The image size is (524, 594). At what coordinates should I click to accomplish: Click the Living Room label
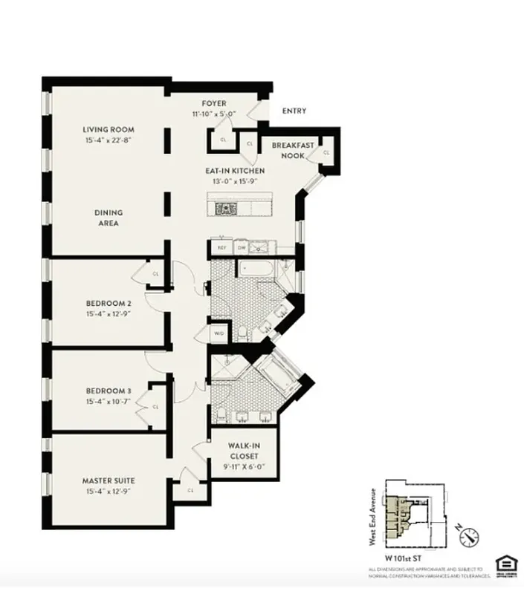[109, 130]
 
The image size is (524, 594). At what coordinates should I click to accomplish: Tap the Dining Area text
[108, 218]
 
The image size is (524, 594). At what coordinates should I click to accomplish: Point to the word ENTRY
[294, 111]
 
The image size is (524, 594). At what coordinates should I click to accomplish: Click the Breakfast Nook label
[292, 151]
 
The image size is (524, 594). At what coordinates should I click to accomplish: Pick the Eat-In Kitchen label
[235, 171]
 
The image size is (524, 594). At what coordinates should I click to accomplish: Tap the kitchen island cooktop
[225, 209]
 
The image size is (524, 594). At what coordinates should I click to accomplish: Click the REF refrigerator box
[221, 248]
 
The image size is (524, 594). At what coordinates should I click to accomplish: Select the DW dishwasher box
[242, 248]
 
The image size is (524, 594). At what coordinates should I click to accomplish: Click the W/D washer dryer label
[219, 333]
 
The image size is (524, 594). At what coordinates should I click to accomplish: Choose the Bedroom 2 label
[109, 303]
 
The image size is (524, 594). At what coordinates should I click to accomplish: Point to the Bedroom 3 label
[109, 391]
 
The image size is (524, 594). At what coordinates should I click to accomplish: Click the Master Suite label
[109, 480]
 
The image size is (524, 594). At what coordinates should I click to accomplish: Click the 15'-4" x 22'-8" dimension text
[109, 140]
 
